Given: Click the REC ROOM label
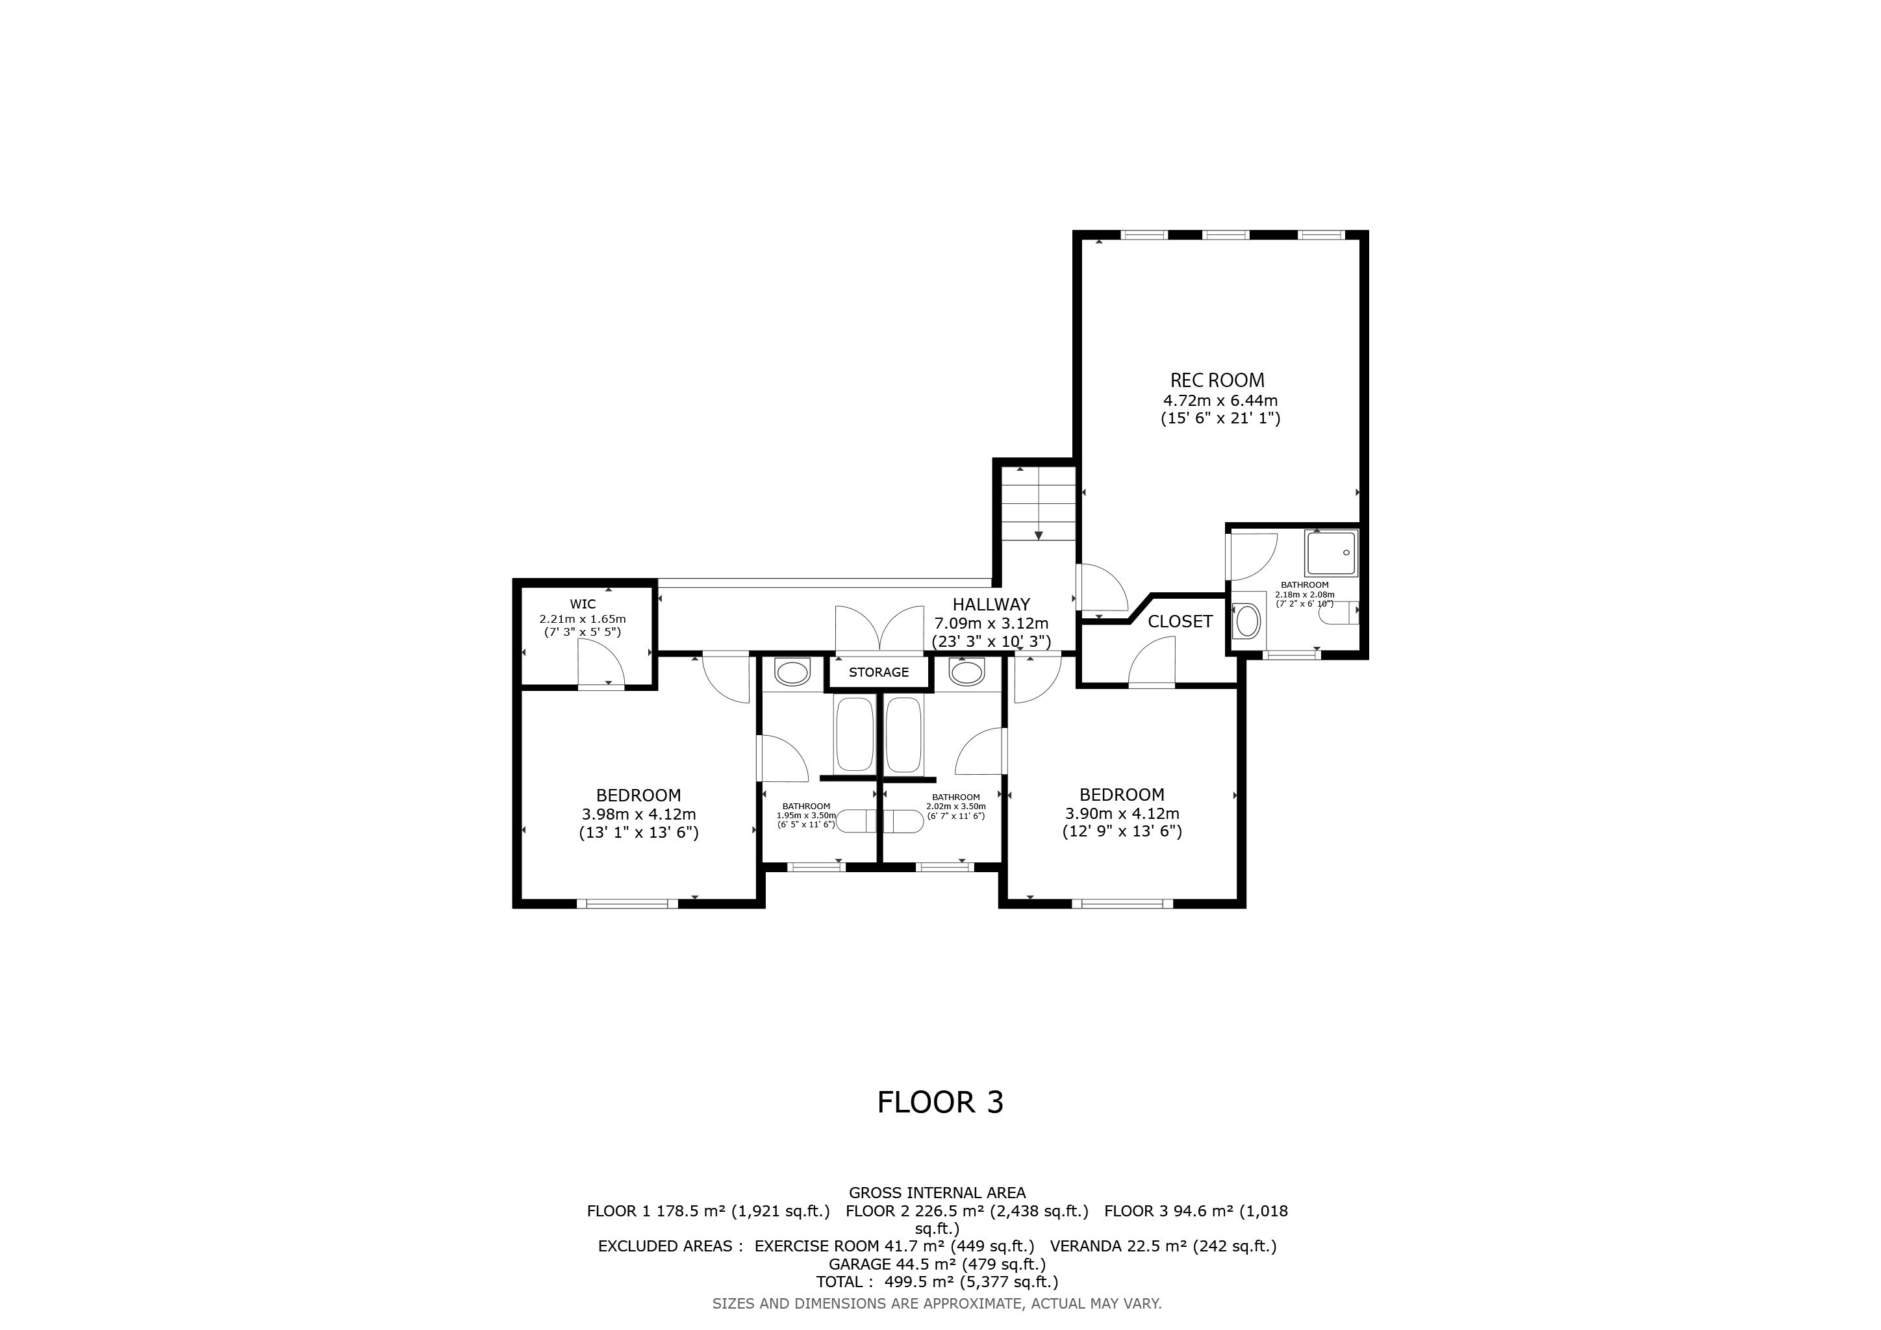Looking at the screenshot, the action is click(1217, 380).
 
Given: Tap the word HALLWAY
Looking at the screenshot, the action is click(991, 605).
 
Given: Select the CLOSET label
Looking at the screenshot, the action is click(1180, 621).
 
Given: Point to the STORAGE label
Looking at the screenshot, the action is click(878, 672).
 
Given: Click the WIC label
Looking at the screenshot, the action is click(583, 605).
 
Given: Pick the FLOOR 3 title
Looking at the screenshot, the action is click(940, 1102).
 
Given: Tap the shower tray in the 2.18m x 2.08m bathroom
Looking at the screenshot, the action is click(1332, 553).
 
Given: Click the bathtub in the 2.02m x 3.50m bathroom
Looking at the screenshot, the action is click(905, 734).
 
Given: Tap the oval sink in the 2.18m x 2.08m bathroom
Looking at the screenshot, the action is click(1248, 621).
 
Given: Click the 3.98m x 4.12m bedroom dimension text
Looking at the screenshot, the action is click(639, 815).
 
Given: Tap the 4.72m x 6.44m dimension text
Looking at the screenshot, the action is click(1220, 401).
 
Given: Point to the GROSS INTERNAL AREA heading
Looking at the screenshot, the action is click(937, 1193).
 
